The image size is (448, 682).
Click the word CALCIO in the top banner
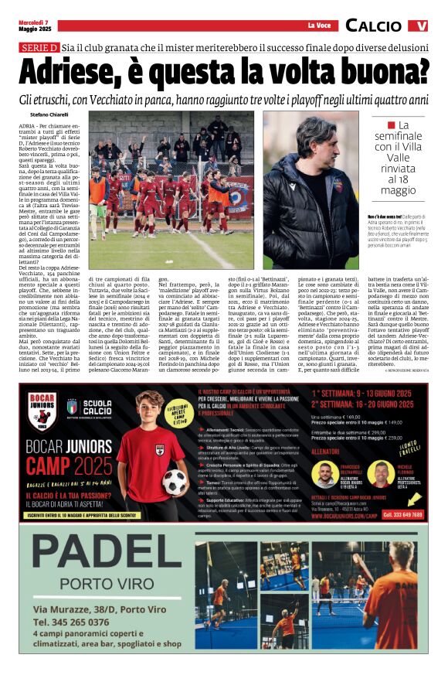point(375,26)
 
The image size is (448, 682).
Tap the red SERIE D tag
point(39,48)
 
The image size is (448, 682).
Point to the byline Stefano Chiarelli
point(49,114)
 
